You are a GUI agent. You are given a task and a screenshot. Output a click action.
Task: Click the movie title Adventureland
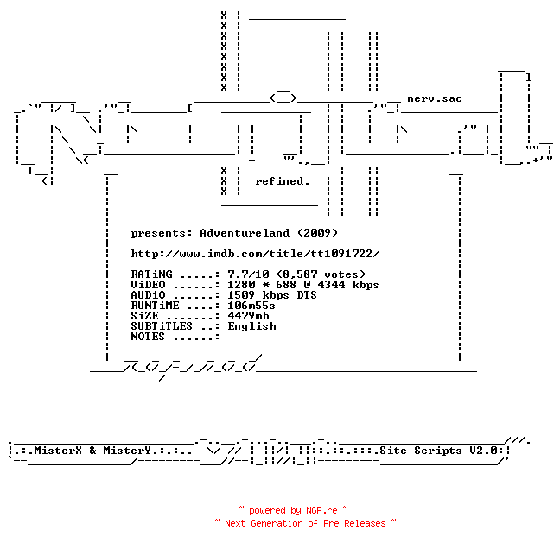[x=245, y=233]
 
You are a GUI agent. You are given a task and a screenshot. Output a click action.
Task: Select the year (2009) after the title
[x=317, y=233]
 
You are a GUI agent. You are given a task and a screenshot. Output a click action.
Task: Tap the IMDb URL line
[x=255, y=254]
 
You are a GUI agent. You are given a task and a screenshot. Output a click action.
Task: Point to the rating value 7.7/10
[x=248, y=274]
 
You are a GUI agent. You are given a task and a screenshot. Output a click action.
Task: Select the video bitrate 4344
[x=332, y=285]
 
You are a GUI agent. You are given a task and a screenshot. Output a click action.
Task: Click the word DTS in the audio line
[x=307, y=295]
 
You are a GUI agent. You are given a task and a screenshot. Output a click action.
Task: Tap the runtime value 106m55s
[x=251, y=306]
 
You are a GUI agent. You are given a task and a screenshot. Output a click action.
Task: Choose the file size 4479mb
[x=248, y=316]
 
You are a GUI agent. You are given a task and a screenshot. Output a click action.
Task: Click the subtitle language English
[x=251, y=326]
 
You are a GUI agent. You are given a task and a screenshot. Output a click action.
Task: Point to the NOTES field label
[x=148, y=337]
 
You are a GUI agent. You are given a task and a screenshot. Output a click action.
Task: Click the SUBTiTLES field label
[x=162, y=326]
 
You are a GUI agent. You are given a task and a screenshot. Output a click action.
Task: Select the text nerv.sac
[x=435, y=98]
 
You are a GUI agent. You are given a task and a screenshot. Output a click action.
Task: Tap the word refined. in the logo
[x=282, y=181]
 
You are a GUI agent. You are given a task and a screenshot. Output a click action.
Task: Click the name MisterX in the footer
[x=58, y=451]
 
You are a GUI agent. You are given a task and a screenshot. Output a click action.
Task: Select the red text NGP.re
[x=321, y=510]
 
